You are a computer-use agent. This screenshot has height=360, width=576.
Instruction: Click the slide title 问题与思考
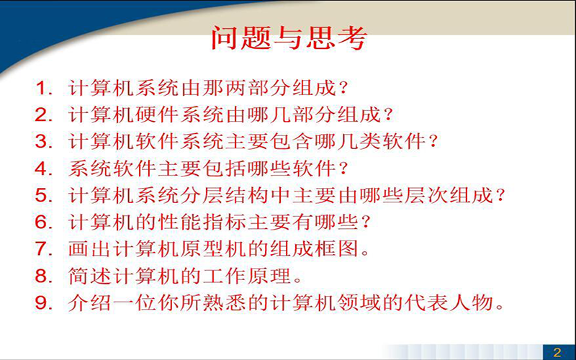(289, 38)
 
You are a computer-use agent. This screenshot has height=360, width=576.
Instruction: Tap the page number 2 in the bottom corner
(557, 352)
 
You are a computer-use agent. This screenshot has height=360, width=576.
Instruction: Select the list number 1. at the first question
(44, 89)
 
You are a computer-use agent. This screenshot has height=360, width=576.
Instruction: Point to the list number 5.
(44, 195)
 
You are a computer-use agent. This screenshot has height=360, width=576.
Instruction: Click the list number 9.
(44, 303)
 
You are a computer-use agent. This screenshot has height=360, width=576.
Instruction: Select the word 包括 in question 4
(225, 168)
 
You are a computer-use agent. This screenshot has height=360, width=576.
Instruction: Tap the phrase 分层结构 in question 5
(225, 195)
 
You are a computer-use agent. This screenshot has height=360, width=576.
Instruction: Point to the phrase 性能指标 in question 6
(203, 222)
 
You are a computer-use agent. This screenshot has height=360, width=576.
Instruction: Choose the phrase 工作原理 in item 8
(247, 276)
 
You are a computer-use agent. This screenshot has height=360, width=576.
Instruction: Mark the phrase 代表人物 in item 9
(449, 303)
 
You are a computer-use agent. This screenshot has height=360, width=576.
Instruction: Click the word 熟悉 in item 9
(225, 303)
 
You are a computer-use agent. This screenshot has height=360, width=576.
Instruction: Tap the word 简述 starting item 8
(91, 276)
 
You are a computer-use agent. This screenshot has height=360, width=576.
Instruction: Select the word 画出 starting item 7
(91, 249)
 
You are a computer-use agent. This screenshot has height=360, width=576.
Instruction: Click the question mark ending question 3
(433, 142)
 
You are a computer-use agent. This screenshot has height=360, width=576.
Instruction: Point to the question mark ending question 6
(365, 222)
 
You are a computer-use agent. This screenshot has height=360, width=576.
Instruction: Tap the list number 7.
(44, 249)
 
